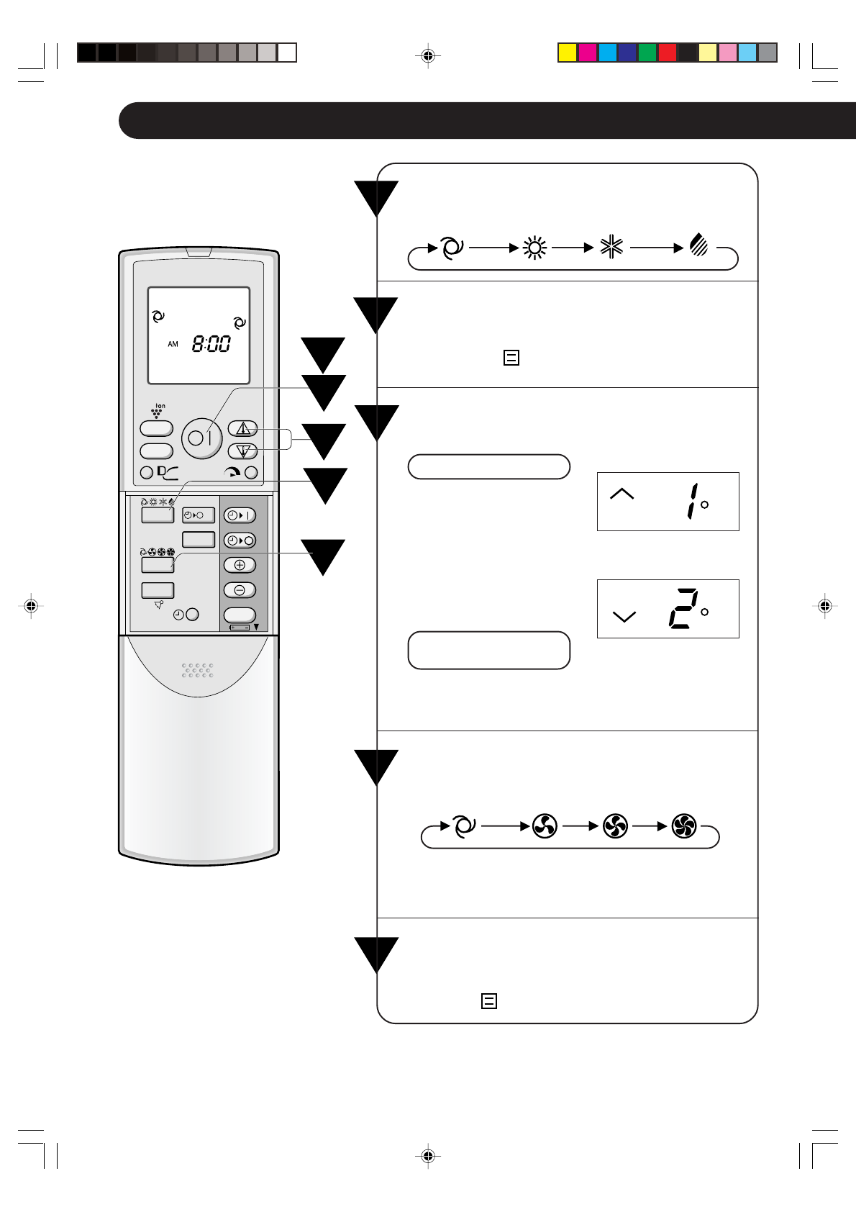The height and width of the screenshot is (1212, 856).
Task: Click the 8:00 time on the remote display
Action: tap(211, 344)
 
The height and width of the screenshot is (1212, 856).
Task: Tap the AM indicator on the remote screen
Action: tap(173, 345)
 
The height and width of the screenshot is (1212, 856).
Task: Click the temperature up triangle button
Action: tap(243, 428)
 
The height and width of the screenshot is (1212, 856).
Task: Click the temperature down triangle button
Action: tap(243, 451)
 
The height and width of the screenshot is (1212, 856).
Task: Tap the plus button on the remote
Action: tap(240, 565)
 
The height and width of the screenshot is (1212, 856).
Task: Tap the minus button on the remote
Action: tap(240, 590)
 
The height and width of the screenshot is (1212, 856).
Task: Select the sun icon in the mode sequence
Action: tap(534, 248)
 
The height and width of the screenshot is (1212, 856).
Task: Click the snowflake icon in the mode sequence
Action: tap(611, 248)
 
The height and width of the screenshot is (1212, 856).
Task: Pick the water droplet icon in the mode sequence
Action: tap(698, 245)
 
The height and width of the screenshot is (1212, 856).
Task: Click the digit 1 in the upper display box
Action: tap(691, 501)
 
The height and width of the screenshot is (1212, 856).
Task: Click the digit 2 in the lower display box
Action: tap(683, 609)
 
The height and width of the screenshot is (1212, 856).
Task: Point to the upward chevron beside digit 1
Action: tap(621, 494)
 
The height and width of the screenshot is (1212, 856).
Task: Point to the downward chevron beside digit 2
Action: tap(624, 616)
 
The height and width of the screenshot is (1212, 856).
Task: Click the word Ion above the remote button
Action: tap(160, 406)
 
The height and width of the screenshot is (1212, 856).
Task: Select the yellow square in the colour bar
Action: tap(568, 53)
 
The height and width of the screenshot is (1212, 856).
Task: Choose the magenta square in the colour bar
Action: tap(588, 53)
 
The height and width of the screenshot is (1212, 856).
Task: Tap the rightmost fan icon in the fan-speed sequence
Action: tap(683, 826)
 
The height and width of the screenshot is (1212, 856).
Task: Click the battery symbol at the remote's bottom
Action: tap(240, 628)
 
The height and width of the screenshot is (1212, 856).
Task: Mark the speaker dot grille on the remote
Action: tap(197, 670)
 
